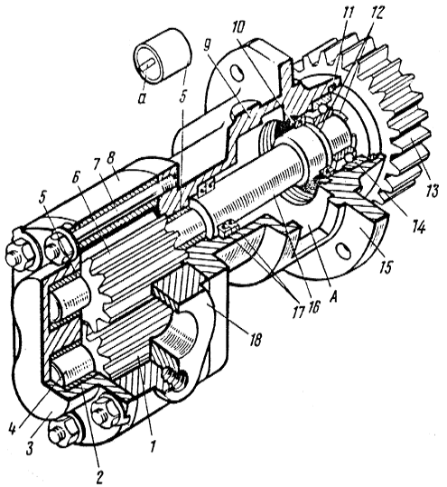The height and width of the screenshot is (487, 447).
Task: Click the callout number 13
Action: [x=433, y=190]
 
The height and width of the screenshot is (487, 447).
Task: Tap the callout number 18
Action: [x=254, y=339]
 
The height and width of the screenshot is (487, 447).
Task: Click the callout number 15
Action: [x=386, y=266]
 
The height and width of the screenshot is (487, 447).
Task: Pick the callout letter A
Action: [x=334, y=297]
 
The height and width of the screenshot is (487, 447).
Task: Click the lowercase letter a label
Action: [x=142, y=99]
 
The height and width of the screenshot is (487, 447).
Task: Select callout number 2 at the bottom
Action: [x=99, y=475]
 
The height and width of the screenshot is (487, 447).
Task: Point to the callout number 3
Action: [x=30, y=447]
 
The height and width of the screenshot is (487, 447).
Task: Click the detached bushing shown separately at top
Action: [x=163, y=57]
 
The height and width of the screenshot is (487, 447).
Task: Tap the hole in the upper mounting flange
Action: [x=238, y=72]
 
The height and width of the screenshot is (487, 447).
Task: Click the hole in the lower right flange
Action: [x=343, y=250]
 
